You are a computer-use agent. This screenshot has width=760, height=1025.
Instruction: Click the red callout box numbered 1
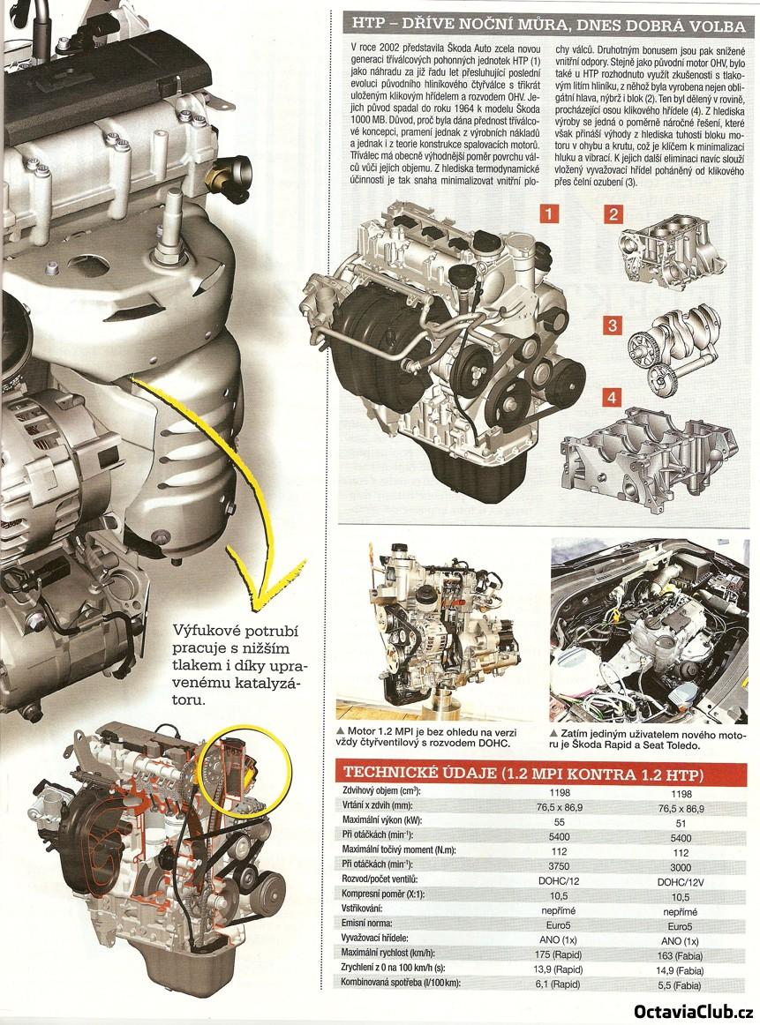coord(548,213)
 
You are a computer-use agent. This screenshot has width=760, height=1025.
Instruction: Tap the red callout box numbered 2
coord(613,213)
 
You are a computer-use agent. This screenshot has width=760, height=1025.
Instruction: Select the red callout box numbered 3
coord(613,325)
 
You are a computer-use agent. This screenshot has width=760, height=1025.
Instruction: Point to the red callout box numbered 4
coord(613,398)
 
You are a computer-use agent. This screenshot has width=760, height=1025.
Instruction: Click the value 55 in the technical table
coord(560,822)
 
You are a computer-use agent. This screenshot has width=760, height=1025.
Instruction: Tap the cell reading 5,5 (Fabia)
coord(681,985)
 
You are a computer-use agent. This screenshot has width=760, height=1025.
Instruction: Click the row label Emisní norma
coord(367,924)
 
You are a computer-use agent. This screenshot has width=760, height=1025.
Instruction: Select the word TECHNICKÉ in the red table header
coord(391,774)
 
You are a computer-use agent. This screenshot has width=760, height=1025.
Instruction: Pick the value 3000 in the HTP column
coord(681,866)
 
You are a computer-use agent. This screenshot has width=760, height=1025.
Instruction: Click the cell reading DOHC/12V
coord(681,881)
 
